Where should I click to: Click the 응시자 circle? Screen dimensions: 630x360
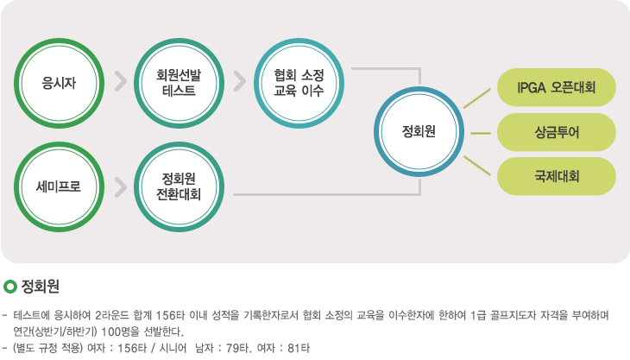click(59, 83)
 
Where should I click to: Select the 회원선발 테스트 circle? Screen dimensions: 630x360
click(179, 83)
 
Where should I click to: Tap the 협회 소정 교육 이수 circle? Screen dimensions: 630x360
click(299, 83)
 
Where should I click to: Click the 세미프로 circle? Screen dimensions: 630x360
click(59, 186)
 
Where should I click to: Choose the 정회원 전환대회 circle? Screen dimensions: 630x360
click(179, 186)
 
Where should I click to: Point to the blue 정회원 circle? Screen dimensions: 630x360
click(419, 131)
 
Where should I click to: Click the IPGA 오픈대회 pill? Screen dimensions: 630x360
click(557, 87)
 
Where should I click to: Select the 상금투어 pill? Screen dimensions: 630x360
click(557, 132)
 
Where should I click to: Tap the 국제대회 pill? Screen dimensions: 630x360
click(557, 176)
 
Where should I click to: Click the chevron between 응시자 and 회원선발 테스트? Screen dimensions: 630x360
click(121, 81)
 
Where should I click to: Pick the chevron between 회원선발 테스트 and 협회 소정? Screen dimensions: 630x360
click(240, 81)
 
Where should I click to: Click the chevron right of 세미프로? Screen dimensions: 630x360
click(121, 187)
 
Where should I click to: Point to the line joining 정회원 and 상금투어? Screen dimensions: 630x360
click(481, 133)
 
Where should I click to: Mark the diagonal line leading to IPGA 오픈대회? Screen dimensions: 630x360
click(477, 98)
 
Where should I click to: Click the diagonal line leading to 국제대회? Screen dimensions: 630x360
click(477, 166)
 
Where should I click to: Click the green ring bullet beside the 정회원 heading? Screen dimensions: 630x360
click(10, 287)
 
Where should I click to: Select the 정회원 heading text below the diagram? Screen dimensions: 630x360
click(41, 286)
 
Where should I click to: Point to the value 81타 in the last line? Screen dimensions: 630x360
click(299, 348)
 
